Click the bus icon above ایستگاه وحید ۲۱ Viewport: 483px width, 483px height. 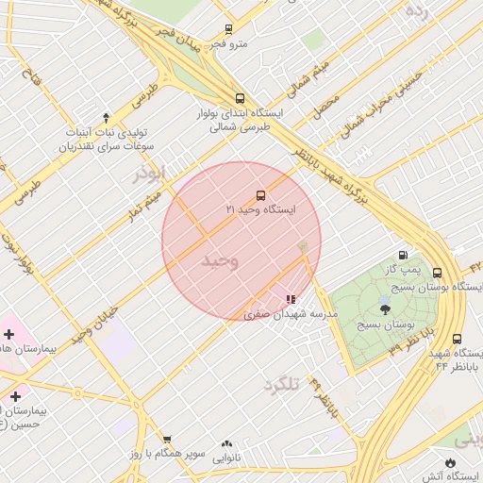[x=260, y=195]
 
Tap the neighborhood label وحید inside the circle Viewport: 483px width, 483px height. [x=221, y=260]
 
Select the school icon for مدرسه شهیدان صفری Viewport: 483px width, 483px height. [x=276, y=299]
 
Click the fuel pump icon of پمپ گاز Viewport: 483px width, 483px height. [x=404, y=255]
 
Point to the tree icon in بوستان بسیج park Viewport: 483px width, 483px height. [x=384, y=308]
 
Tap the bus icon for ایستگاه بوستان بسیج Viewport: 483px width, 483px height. [x=436, y=273]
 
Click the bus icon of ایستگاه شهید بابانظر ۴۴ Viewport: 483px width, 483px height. [x=457, y=339]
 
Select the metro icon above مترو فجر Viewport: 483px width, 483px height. [x=229, y=29]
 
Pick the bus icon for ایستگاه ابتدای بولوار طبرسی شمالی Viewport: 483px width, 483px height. [x=240, y=97]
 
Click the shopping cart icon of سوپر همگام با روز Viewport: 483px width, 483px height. [x=167, y=440]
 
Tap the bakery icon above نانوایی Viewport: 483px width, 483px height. [x=226, y=443]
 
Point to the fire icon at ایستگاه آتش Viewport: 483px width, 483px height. [x=450, y=462]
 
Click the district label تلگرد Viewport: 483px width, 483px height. [x=281, y=384]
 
